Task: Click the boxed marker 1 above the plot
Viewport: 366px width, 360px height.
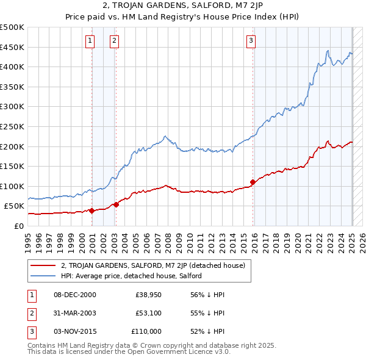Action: click(x=90, y=41)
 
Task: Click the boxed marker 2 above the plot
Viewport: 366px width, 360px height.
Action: click(x=114, y=41)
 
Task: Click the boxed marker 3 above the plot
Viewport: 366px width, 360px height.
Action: click(x=251, y=41)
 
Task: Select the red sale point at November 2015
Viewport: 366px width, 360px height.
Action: click(x=253, y=182)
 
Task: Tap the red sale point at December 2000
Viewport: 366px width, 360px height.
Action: click(x=92, y=211)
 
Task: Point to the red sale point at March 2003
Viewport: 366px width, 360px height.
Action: click(x=117, y=204)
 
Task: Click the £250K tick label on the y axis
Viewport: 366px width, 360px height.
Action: click(x=12, y=126)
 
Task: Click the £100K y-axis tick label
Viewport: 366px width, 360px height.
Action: click(x=12, y=186)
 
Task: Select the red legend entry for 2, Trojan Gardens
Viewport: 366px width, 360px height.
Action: click(x=152, y=265)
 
